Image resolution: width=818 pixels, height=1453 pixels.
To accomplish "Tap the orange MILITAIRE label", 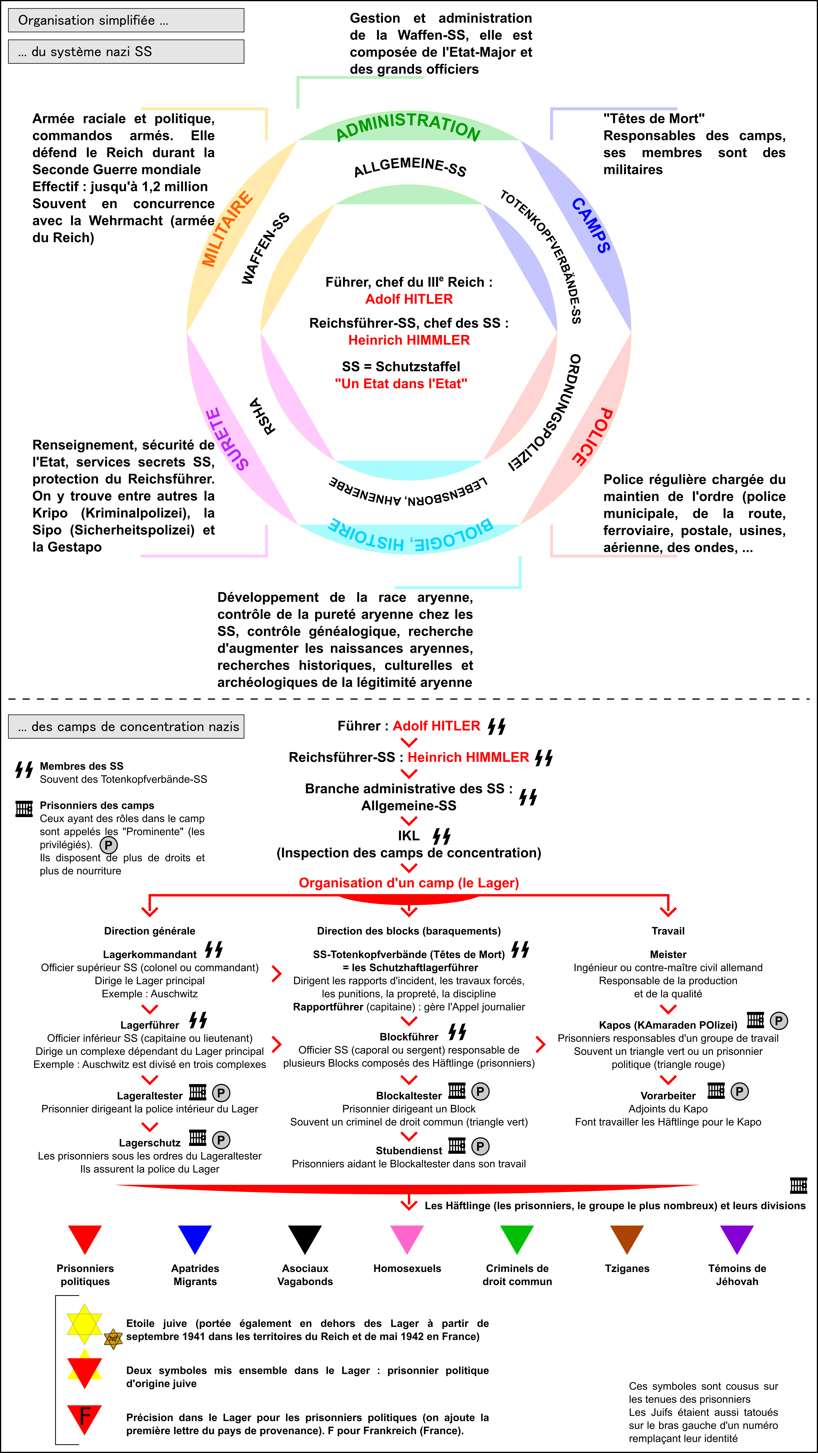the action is (x=228, y=228).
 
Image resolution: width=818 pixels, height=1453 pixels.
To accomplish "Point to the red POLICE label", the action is (x=593, y=437).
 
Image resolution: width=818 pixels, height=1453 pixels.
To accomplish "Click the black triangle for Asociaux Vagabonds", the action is (x=305, y=1239).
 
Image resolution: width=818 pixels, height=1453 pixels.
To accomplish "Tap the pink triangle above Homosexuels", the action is (x=407, y=1239).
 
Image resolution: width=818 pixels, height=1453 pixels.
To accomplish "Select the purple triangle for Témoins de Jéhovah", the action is (x=737, y=1239).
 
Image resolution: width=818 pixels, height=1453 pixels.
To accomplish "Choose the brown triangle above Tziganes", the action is (x=627, y=1239).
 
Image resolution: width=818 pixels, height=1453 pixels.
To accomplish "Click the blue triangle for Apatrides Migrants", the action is (x=195, y=1239).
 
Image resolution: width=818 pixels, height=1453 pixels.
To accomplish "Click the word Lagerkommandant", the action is (x=150, y=954).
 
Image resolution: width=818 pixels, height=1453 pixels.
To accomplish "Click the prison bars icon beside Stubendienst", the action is (x=457, y=1146).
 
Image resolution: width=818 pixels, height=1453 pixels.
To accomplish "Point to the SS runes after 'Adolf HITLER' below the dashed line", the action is (x=497, y=726).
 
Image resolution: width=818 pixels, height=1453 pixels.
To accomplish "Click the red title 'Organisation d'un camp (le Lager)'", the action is (x=409, y=883).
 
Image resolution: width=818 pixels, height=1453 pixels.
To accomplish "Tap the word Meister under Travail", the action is (x=668, y=954).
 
